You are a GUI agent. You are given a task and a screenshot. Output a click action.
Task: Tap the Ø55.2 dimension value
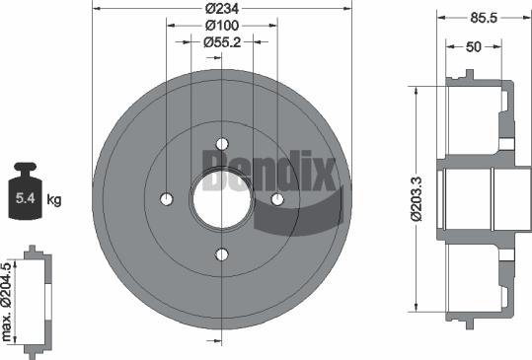tap(222, 42)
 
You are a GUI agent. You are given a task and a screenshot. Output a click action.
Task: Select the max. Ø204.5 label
tap(10, 302)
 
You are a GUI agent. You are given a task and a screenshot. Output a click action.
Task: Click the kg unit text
tap(55, 200)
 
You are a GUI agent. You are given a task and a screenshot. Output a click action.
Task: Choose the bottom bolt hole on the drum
tap(221, 254)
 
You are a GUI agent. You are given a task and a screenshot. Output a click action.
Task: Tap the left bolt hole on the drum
tap(166, 199)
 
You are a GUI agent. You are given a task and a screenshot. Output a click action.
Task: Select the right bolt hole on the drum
tap(277, 199)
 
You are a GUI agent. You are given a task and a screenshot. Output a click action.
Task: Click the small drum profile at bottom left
tap(35, 300)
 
